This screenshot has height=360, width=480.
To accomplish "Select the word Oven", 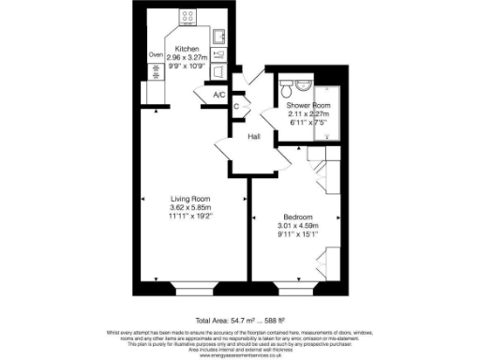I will tap(156, 55).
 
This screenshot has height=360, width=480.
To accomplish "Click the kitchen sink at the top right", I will tap(217, 37).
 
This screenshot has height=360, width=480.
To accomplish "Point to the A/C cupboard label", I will tap(219, 96).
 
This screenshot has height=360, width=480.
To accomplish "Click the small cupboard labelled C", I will tap(235, 107).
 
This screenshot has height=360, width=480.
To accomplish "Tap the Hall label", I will tap(254, 137).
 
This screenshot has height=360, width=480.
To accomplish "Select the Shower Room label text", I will tap(307, 107).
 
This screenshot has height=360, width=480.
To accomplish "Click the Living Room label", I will tap(188, 198).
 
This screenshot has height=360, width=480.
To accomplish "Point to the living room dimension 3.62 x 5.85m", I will tap(188, 207).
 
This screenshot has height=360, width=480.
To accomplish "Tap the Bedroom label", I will tap(299, 216).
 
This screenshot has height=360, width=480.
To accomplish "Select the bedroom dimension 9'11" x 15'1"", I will tap(299, 234).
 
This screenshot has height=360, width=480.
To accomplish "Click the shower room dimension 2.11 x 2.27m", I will tap(307, 115).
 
